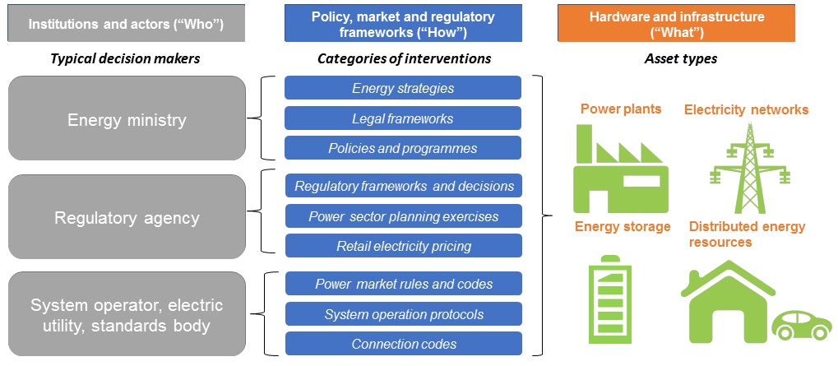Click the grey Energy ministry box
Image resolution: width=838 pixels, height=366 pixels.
coord(127,118)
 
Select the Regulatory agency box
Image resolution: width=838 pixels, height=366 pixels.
coord(127,217)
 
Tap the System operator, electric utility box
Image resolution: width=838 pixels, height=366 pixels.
coord(127,314)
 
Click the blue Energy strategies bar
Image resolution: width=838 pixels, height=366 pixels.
coord(403,88)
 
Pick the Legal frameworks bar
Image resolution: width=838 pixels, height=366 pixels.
coord(403,118)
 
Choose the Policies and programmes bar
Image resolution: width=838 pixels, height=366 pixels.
coord(403,147)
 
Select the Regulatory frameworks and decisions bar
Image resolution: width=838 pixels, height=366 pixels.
coord(404,186)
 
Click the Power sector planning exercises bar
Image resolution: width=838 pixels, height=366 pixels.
coord(404,215)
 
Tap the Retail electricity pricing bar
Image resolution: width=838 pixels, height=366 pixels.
coord(404,246)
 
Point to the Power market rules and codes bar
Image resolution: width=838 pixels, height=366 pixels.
coord(404,284)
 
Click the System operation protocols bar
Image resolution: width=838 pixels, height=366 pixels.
coord(404,313)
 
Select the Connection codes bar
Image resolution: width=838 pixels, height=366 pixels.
coord(404,344)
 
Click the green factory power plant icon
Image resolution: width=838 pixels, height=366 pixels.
coord(620,169)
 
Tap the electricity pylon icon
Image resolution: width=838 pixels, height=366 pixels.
coord(750,169)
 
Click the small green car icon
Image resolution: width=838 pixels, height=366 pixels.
coord(802,325)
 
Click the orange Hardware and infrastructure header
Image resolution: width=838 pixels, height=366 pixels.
coord(676,23)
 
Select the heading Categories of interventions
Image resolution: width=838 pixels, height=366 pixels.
coord(404,58)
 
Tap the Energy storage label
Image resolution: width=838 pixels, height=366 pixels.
coord(623,226)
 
